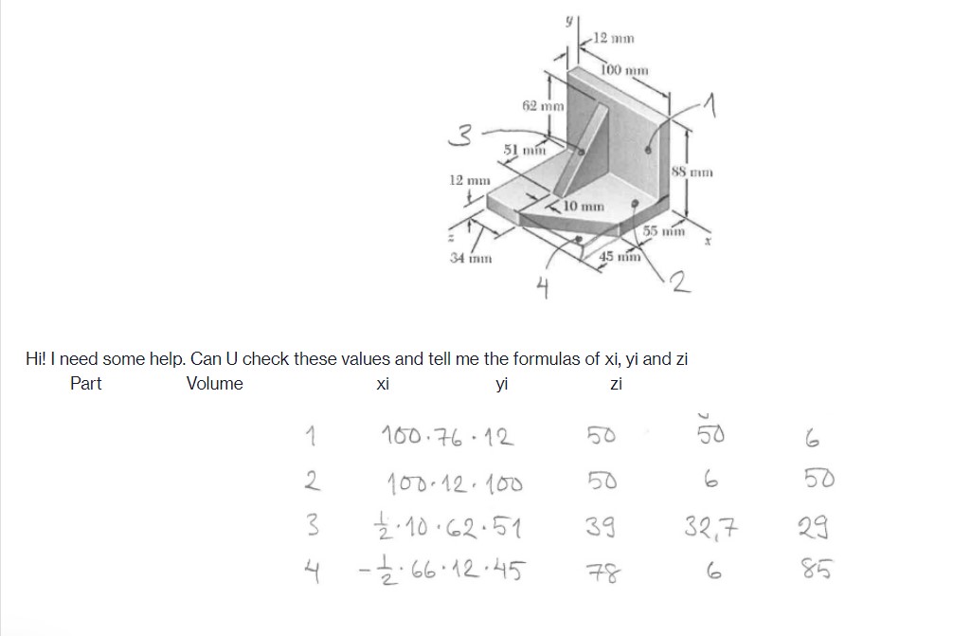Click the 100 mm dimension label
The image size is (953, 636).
(x=624, y=69)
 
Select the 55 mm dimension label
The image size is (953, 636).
(x=664, y=231)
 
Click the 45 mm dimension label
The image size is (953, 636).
(x=620, y=257)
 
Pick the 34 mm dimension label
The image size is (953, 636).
(x=469, y=258)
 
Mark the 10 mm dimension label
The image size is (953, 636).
(x=584, y=206)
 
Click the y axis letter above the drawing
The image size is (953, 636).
(x=568, y=21)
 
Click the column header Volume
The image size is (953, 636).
(x=214, y=384)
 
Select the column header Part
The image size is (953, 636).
(x=86, y=384)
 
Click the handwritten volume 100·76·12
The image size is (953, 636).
(x=446, y=438)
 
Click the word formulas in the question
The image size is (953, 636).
(x=544, y=359)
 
